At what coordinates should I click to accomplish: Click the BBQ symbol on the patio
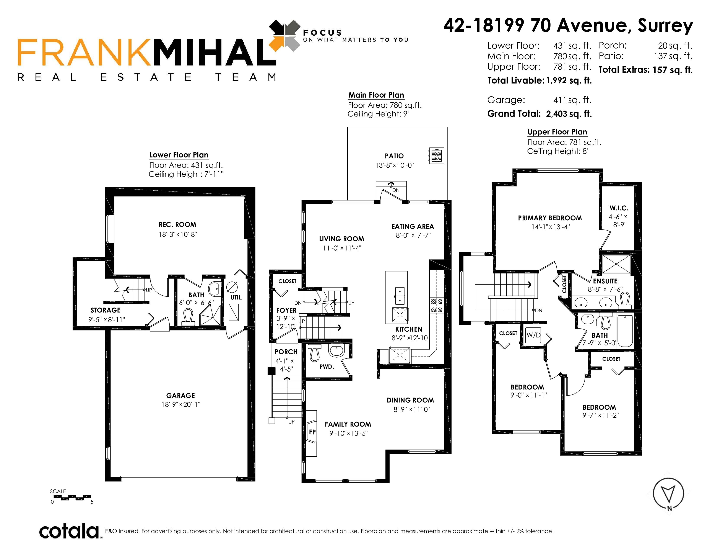click(436, 156)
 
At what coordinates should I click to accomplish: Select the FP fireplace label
click(312, 432)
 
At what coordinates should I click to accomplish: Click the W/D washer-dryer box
click(533, 335)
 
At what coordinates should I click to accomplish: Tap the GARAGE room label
click(180, 395)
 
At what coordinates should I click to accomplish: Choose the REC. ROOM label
click(177, 225)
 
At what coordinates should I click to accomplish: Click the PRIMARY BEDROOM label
click(550, 218)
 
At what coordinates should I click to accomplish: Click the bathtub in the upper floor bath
click(625, 330)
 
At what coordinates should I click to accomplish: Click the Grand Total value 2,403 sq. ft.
click(569, 114)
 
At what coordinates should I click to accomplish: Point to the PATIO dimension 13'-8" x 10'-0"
click(395, 165)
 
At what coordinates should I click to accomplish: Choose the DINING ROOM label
click(410, 400)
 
